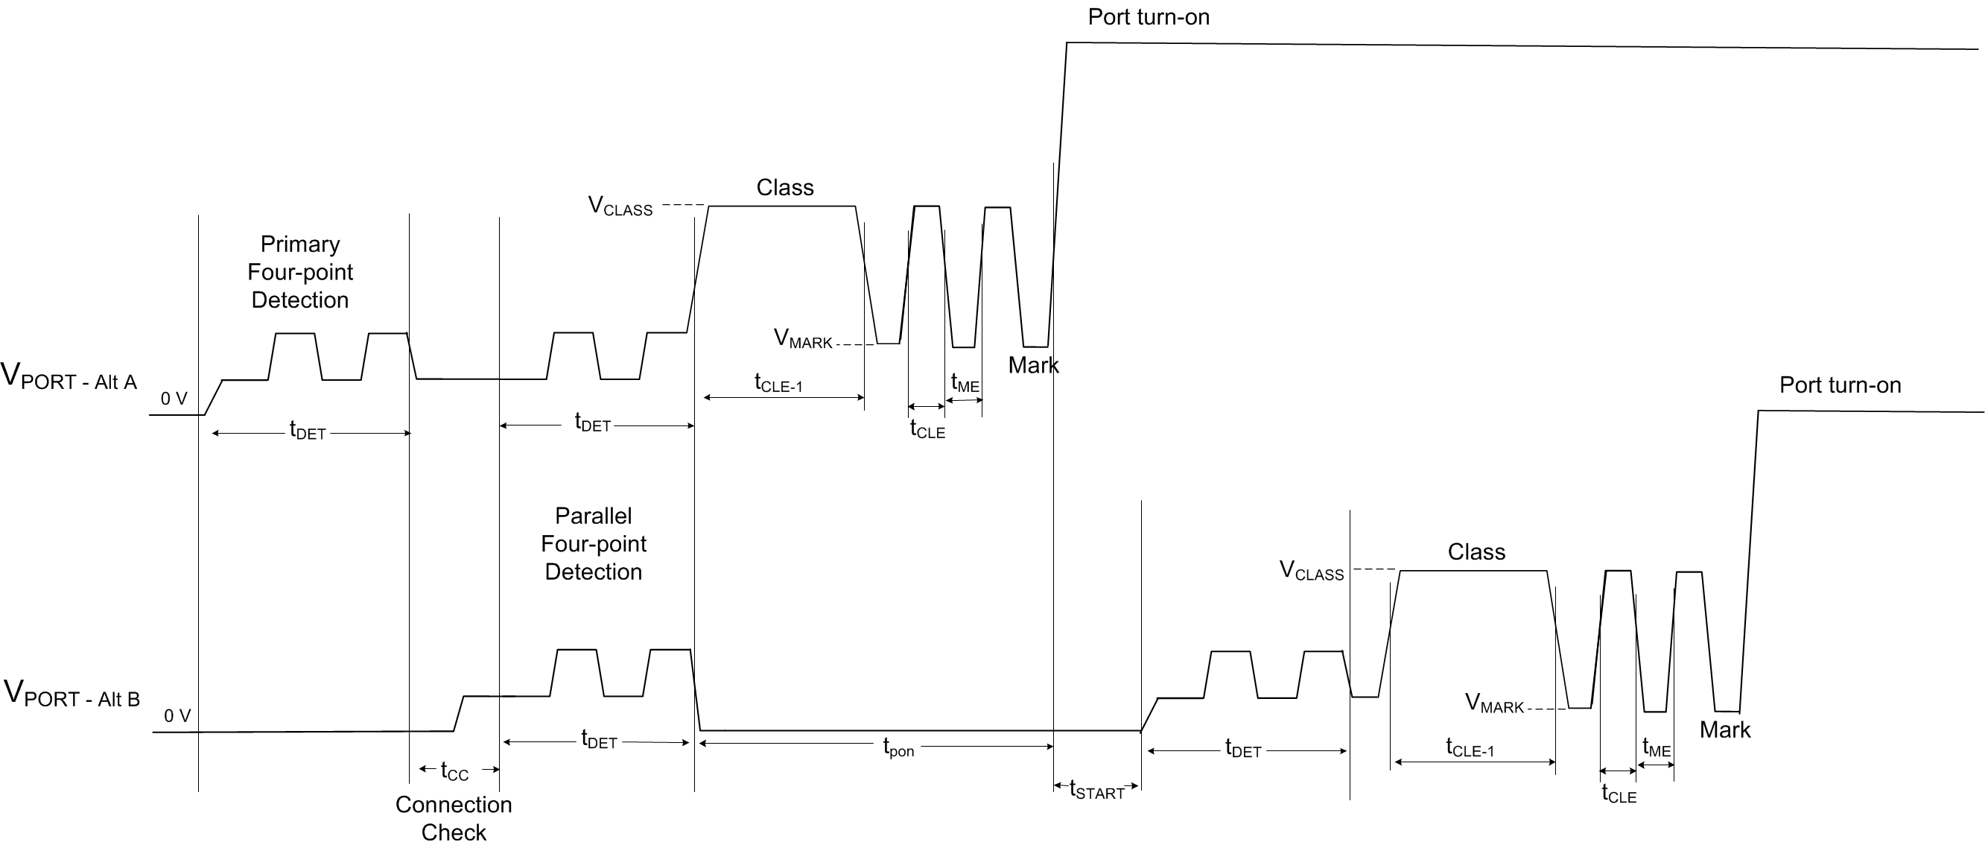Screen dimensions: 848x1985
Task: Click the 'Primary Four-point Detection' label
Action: coord(299,272)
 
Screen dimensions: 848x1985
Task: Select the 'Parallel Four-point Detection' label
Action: coord(594,544)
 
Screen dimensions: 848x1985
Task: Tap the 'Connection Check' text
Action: coord(453,819)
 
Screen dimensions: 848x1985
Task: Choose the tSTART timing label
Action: coord(1096,790)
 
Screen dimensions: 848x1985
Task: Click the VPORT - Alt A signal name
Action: coord(69,376)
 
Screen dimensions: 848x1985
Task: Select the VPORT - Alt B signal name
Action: coord(72,694)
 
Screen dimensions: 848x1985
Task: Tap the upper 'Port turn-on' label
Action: coord(1148,17)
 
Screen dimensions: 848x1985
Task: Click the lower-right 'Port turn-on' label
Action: coord(1841,385)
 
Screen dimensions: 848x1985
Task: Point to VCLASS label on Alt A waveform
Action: coord(620,206)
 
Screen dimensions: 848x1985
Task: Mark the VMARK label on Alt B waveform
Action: coord(1494,704)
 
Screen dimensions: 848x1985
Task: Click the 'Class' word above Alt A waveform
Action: coord(784,187)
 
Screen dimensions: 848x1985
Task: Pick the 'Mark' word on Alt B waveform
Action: coord(1724,730)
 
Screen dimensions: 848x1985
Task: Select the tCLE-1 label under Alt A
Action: coord(778,383)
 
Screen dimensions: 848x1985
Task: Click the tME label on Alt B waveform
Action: coord(1656,748)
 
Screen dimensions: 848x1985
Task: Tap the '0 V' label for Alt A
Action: coord(174,399)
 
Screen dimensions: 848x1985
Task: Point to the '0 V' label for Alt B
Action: coord(177,716)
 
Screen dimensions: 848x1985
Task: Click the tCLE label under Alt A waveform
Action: coord(927,429)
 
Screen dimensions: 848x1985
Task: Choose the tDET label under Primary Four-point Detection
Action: coord(308,430)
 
